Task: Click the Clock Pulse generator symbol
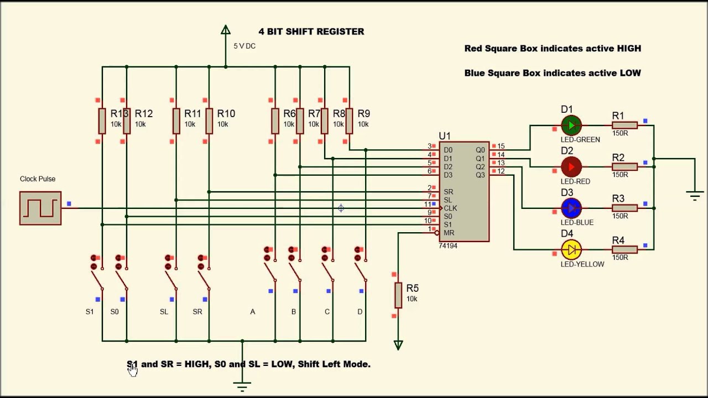point(40,208)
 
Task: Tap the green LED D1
point(571,125)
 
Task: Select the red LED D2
point(571,166)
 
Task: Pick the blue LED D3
point(571,208)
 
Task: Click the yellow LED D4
point(571,250)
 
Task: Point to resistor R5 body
point(398,295)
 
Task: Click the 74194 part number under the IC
point(448,246)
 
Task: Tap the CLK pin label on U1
point(450,208)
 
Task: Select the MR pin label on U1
point(449,233)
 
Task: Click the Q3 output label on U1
point(480,175)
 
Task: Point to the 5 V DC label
point(244,46)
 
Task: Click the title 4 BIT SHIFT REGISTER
point(311,32)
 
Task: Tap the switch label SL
point(164,312)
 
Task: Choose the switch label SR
point(197,312)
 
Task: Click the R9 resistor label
point(363,113)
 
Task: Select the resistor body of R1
point(624,125)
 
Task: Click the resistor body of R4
point(624,250)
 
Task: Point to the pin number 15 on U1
point(501,146)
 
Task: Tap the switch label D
point(360,312)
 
